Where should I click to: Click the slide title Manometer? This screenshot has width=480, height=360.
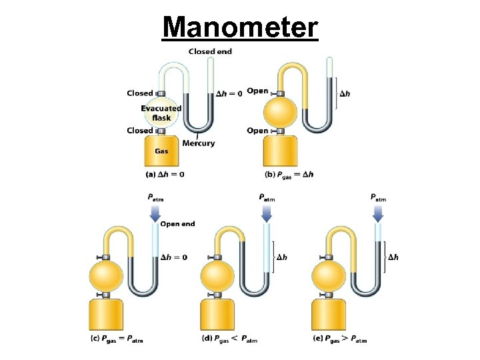(241, 27)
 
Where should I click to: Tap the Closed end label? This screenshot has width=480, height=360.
(210, 51)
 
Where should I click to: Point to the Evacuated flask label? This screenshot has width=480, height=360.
(161, 113)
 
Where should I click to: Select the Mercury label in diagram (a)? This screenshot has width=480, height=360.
(199, 143)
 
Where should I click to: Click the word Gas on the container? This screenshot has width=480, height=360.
(162, 151)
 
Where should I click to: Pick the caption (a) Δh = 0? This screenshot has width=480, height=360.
(165, 175)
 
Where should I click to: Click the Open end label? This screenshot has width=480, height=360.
(178, 224)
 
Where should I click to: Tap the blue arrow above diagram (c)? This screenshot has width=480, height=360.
(155, 212)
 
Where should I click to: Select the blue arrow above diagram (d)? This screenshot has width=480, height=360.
(266, 212)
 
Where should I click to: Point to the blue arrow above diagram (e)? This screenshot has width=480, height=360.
(378, 212)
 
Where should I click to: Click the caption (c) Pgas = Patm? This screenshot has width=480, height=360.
(117, 339)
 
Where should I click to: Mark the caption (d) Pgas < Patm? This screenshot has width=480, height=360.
(228, 339)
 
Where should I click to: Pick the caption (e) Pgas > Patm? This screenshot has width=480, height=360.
(340, 339)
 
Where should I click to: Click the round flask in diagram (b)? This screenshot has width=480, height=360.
(279, 111)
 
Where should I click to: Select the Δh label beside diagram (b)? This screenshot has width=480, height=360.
(345, 93)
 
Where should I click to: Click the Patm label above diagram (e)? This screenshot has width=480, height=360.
(378, 198)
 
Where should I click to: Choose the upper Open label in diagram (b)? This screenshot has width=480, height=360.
(257, 91)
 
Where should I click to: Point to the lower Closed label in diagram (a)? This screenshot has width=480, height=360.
(139, 131)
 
